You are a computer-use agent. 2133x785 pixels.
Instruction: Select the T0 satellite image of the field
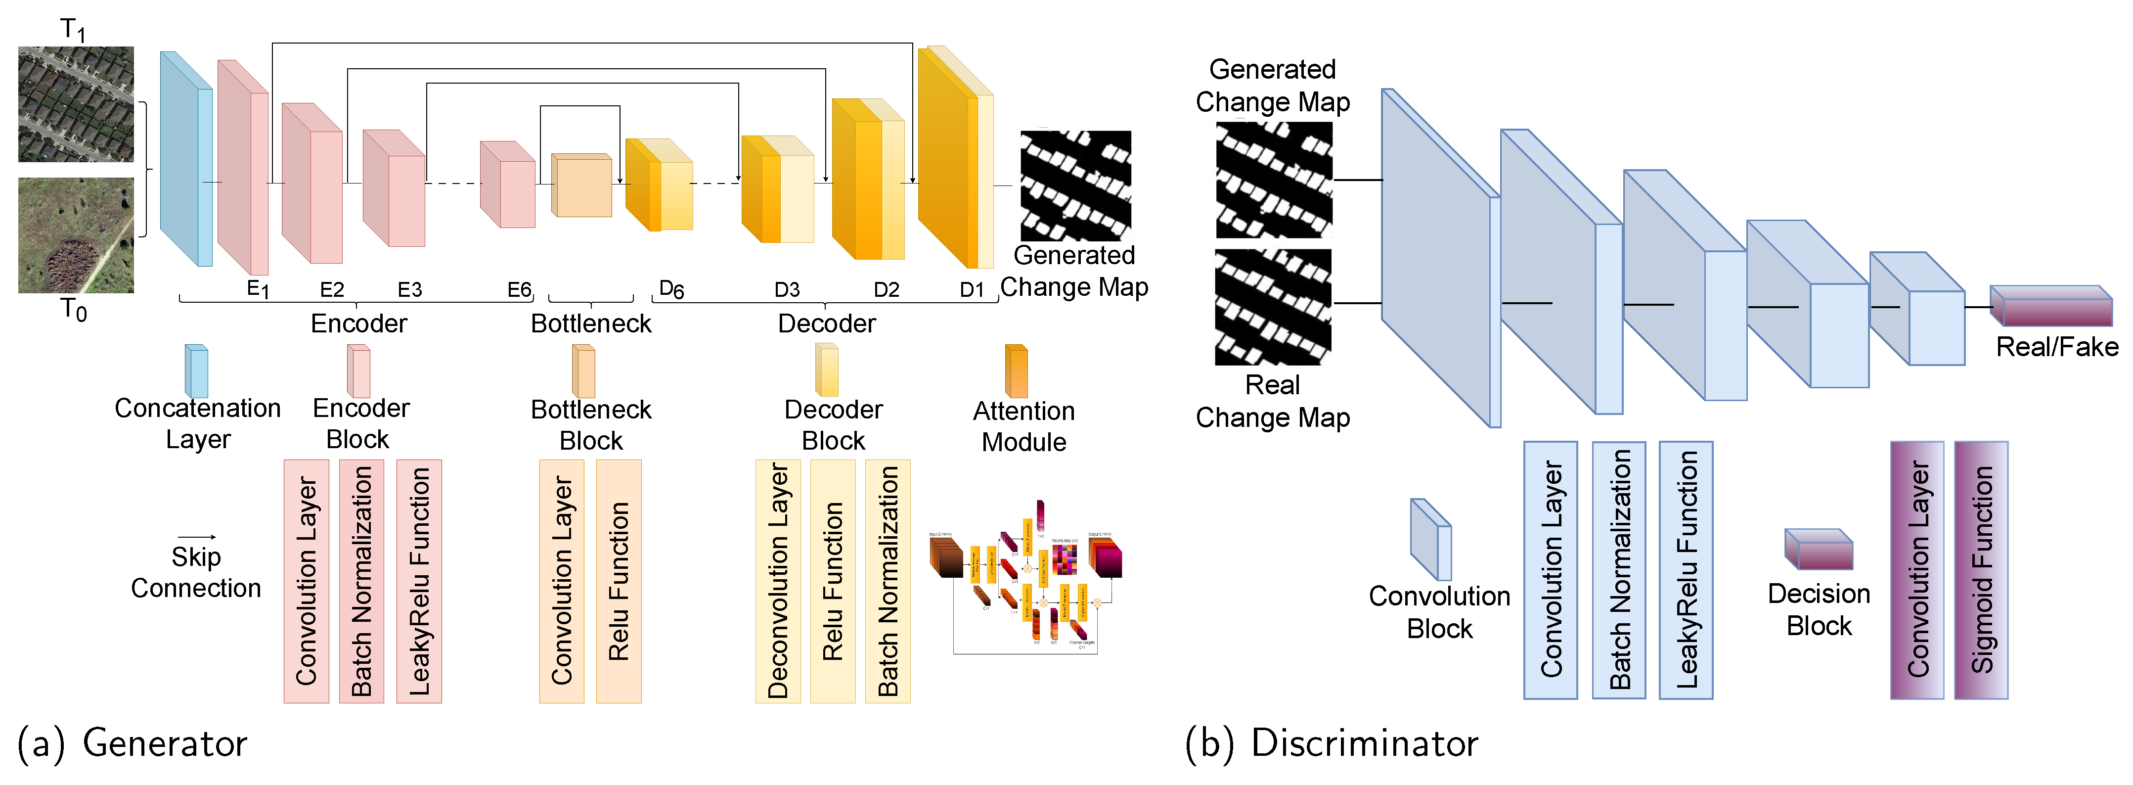[x=76, y=235]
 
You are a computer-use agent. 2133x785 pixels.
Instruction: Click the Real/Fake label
[x=2057, y=347]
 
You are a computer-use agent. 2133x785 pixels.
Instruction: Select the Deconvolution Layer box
[x=778, y=581]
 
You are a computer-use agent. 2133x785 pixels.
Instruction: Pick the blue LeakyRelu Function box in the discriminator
[x=1686, y=570]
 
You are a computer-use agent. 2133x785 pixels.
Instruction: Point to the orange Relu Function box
[x=619, y=581]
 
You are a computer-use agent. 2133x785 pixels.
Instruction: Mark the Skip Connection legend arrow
[x=197, y=537]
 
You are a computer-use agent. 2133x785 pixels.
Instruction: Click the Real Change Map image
[x=1273, y=307]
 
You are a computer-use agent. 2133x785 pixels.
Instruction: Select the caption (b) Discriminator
[x=1331, y=743]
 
